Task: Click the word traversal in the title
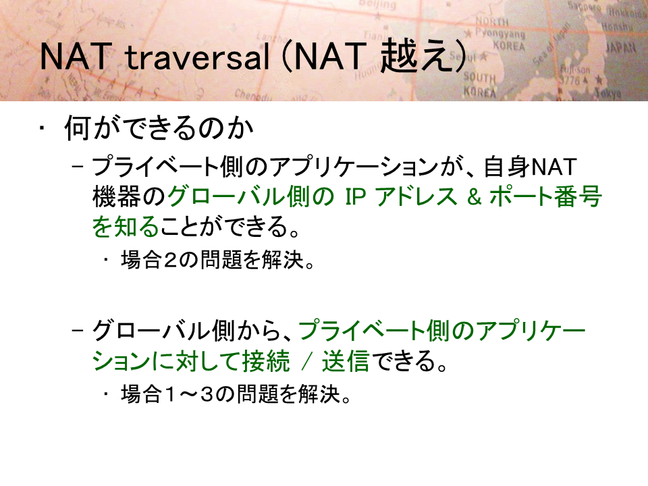pos(197,57)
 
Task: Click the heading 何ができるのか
pos(159,128)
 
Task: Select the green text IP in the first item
pos(356,196)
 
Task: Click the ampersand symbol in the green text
pos(475,196)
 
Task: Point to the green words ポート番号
pos(545,196)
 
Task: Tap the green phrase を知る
pos(126,226)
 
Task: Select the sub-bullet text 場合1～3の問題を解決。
pos(236,394)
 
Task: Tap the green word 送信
pos(346,360)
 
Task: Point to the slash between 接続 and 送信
pos(306,362)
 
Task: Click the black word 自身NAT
pos(531,167)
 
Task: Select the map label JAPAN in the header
pos(621,47)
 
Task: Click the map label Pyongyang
pos(500,33)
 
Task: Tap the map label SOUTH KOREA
pos(480,84)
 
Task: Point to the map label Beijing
pos(377,5)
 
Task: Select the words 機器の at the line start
pos(129,196)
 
